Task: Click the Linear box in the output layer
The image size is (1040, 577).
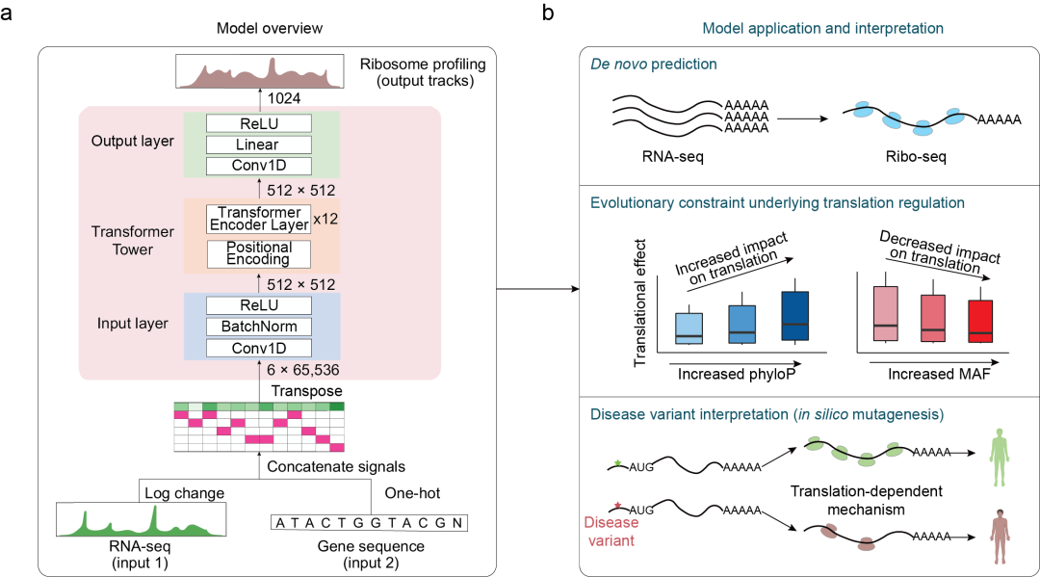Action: [x=257, y=144]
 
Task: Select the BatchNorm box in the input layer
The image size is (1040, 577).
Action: [x=257, y=327]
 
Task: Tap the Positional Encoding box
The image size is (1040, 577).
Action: [x=257, y=253]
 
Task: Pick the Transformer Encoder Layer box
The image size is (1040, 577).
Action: [x=257, y=220]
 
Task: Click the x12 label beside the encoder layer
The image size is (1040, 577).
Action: [x=326, y=219]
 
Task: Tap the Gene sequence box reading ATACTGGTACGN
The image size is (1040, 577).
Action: [x=369, y=524]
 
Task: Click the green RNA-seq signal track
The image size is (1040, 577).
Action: [x=142, y=520]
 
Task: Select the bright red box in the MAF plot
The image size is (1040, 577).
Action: [x=979, y=322]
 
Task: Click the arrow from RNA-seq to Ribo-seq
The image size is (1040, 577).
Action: [x=803, y=118]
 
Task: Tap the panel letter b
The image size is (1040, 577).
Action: [x=548, y=13]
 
